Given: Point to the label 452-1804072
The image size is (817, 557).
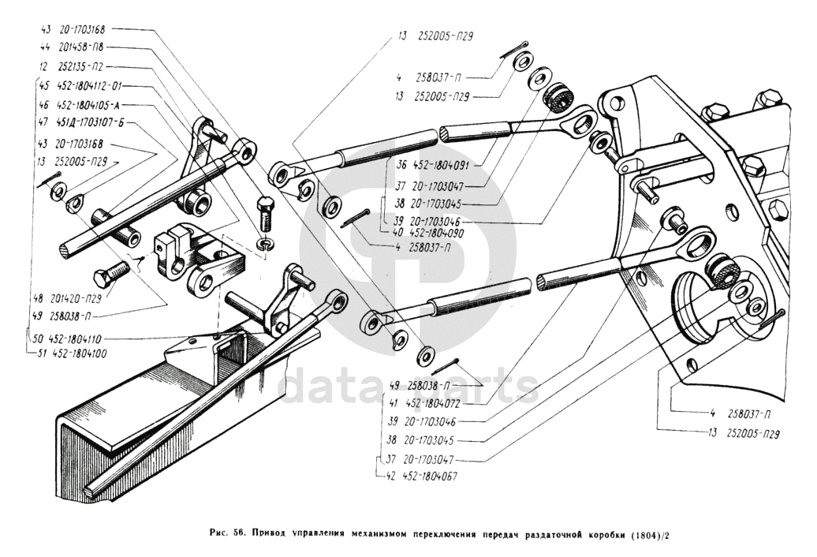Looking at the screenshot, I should point(431,403).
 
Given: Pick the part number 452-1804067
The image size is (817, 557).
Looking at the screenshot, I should point(430,477).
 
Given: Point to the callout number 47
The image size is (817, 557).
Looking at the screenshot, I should point(44,124).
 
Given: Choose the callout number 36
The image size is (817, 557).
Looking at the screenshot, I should point(402,166).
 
